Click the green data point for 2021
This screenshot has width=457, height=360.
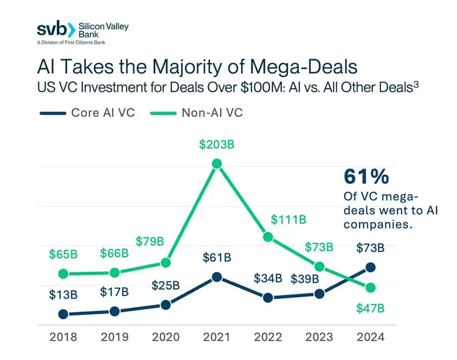tap(216, 163)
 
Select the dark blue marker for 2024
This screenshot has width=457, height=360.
tap(370, 267)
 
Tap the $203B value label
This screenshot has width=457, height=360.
tap(216, 145)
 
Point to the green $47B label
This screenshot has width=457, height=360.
tap(370, 309)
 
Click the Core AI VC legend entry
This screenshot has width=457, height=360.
tap(87, 113)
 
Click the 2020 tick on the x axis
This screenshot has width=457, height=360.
tap(165, 337)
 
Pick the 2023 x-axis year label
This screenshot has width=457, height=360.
tap(319, 337)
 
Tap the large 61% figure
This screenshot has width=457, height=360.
tap(366, 177)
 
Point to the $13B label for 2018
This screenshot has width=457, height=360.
tap(63, 294)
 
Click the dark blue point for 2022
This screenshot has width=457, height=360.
tap(268, 298)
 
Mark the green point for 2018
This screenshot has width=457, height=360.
tap(63, 274)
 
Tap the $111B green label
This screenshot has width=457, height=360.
tap(288, 219)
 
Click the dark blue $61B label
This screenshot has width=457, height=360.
tap(217, 258)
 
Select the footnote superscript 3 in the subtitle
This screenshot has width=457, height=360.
tap(416, 84)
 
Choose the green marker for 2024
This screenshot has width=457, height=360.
tap(370, 288)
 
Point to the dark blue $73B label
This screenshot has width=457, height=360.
tap(370, 248)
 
